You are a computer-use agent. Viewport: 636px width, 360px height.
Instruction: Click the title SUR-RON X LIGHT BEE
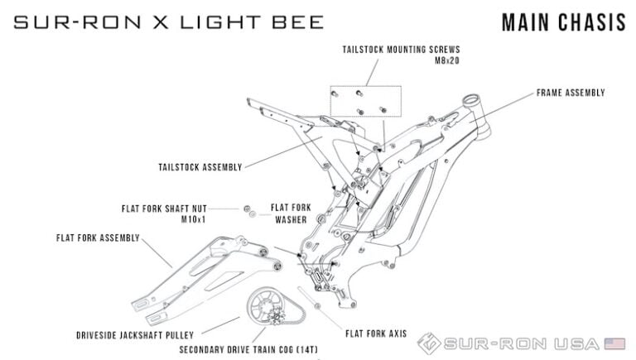click(x=169, y=22)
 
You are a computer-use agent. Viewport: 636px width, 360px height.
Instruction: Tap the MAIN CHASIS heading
click(x=564, y=22)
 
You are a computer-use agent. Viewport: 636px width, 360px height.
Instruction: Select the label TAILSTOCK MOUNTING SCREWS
click(x=401, y=50)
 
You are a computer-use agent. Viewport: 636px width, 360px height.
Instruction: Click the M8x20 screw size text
click(x=447, y=60)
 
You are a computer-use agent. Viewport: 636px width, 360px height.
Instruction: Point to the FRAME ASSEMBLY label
click(x=571, y=93)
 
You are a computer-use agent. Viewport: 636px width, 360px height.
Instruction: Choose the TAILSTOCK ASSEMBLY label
click(x=200, y=167)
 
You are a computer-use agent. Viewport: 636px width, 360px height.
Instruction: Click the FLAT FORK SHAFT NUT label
click(x=164, y=209)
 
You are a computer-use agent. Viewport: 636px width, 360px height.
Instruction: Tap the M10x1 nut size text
click(x=194, y=220)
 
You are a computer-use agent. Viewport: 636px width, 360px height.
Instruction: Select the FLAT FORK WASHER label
click(x=291, y=214)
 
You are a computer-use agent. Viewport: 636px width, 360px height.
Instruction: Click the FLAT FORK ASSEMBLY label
click(x=98, y=238)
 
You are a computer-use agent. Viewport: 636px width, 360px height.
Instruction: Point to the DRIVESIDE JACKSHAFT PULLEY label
click(x=135, y=336)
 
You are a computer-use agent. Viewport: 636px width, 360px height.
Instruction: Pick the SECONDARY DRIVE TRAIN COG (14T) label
click(x=248, y=349)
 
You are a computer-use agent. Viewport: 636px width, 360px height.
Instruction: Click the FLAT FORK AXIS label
click(x=376, y=334)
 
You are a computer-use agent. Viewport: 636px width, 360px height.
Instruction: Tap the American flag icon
click(x=615, y=343)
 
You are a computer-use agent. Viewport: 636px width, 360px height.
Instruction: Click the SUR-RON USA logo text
click(x=521, y=344)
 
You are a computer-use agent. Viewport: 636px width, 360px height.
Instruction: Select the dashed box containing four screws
click(x=366, y=86)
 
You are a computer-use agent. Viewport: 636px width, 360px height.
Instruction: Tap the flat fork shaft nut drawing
click(x=247, y=209)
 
